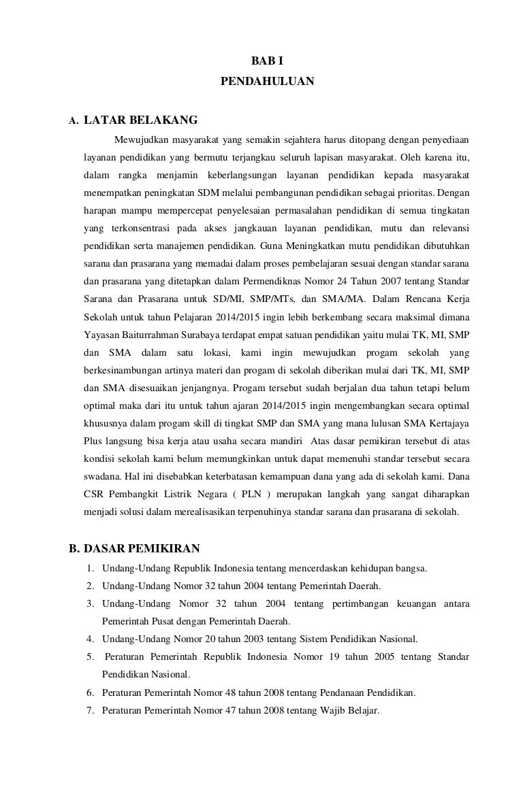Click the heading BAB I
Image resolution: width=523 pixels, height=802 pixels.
[x=267, y=62]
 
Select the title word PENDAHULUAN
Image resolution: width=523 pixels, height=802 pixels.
[x=267, y=81]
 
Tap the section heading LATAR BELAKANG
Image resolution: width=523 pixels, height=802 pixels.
[x=140, y=121]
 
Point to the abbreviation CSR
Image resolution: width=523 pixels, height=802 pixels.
[x=93, y=493]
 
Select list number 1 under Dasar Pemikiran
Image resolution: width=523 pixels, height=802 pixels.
[x=90, y=568]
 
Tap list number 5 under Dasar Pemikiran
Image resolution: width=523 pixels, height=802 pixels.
[x=90, y=656]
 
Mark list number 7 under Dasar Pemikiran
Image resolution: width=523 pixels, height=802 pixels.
[x=90, y=709]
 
